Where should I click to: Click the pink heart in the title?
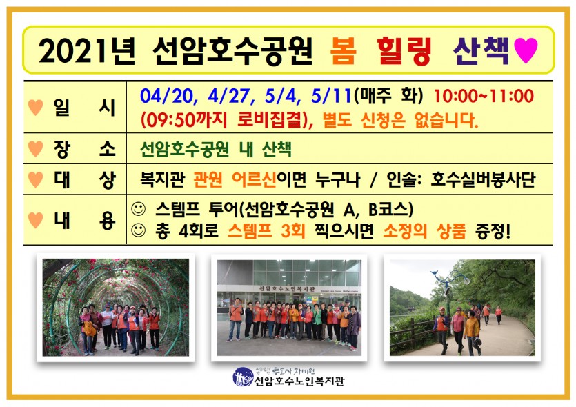click(x=526, y=50)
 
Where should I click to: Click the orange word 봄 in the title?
click(x=343, y=50)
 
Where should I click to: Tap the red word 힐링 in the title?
click(x=404, y=51)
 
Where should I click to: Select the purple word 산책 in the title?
click(x=481, y=51)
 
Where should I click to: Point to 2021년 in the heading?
click(x=87, y=51)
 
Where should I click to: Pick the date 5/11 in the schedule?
click(x=331, y=97)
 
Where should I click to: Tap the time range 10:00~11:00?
click(x=484, y=96)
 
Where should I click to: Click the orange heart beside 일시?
click(x=36, y=108)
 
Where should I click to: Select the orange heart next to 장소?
click(x=36, y=149)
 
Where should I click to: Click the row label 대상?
click(x=84, y=180)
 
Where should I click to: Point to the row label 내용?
click(x=84, y=221)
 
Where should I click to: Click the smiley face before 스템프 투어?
click(x=139, y=209)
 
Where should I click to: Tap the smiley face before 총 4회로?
click(x=139, y=230)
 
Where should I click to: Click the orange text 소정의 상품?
click(x=425, y=231)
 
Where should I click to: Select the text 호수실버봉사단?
click(x=483, y=179)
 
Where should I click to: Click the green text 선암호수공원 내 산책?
click(x=216, y=149)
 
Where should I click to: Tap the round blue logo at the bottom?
click(x=243, y=377)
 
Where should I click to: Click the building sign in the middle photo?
click(x=288, y=289)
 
